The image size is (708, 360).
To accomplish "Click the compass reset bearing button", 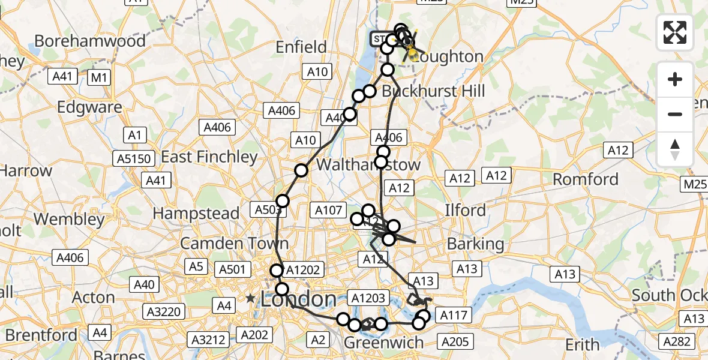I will (675, 149).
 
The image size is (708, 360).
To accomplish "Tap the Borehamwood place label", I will (90, 41).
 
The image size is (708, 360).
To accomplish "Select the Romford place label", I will (585, 179).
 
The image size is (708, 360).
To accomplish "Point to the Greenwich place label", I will (383, 343).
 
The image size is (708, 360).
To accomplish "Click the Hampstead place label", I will (196, 213).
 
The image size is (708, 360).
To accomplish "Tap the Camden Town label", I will (234, 244).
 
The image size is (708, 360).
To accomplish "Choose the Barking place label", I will (476, 244).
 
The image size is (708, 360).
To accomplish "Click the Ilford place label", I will (465, 211).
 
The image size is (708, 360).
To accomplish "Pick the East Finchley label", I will (209, 157).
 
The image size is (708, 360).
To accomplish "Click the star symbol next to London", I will (250, 298).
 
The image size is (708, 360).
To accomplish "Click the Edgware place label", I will (89, 107).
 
